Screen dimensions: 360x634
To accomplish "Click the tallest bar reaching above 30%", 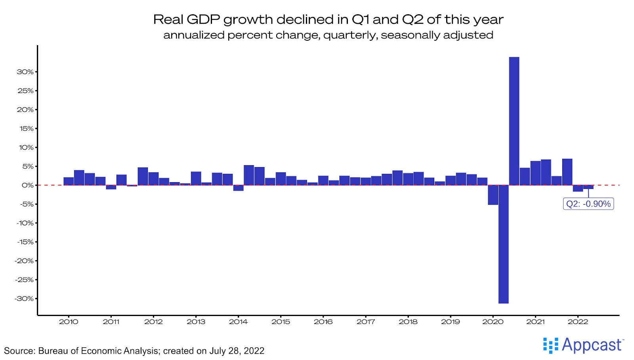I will (x=514, y=121).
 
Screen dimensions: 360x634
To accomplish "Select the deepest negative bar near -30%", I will (x=503, y=244).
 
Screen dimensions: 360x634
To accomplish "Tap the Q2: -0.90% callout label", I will (x=588, y=204).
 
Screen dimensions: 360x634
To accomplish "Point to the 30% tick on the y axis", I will (x=25, y=72).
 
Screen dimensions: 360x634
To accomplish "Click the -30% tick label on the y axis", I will (x=24, y=299).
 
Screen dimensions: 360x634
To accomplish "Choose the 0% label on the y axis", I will (x=27, y=185).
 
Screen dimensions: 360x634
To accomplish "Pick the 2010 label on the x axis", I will (x=69, y=322).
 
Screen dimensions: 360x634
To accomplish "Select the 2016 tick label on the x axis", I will (x=323, y=322).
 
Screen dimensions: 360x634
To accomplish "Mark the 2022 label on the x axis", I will (x=578, y=322).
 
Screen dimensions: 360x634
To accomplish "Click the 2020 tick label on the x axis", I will (x=493, y=322).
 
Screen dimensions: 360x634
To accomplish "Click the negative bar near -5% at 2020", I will (x=493, y=195).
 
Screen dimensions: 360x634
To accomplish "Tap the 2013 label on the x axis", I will (x=196, y=322).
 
